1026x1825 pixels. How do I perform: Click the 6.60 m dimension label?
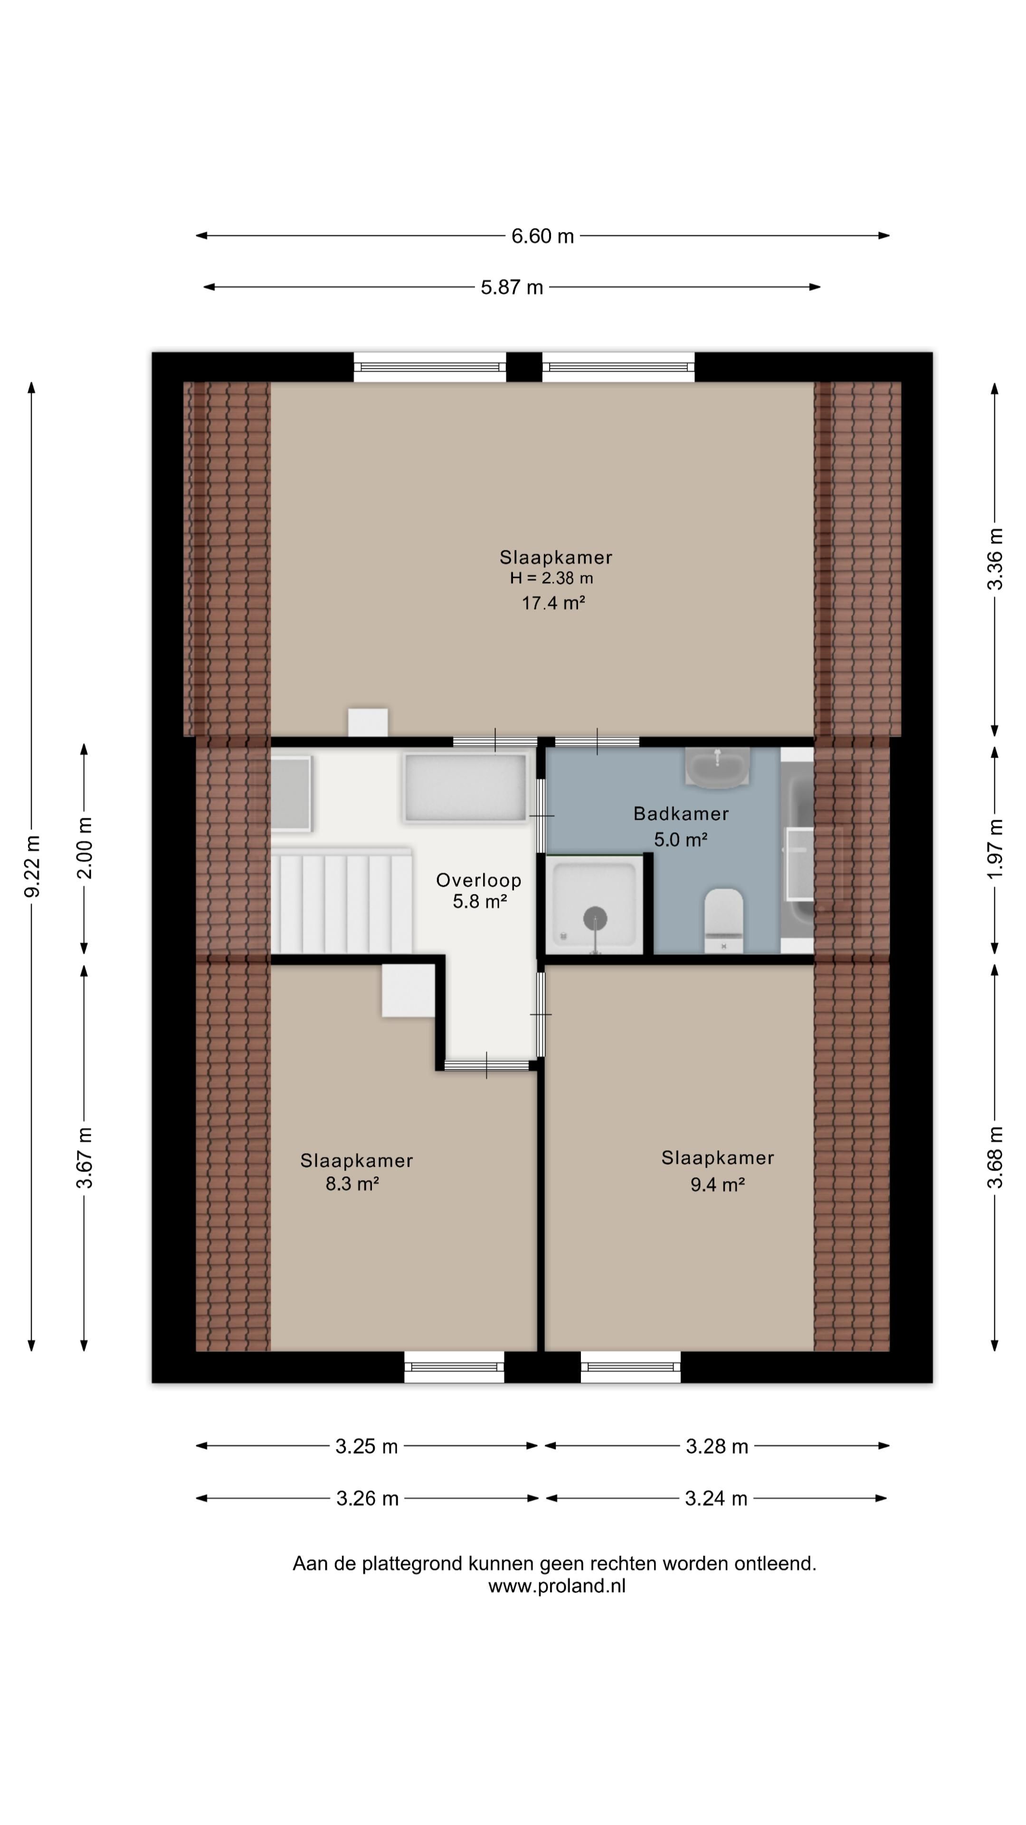point(542,236)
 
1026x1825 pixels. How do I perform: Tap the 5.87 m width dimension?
point(512,288)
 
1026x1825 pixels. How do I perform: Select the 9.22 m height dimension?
point(32,866)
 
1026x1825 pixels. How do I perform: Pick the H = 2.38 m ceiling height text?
point(551,578)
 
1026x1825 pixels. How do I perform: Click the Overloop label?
point(479,880)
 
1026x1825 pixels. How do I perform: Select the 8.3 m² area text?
point(352,1184)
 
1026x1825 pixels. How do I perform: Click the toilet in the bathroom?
point(723,920)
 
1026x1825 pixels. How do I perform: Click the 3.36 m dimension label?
point(995,559)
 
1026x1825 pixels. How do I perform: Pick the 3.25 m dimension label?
point(367,1446)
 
